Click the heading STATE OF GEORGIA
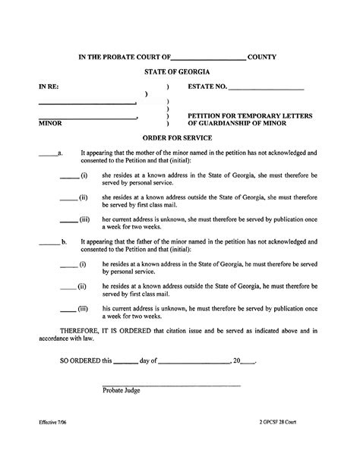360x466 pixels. click(179, 70)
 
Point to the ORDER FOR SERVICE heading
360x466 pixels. click(179, 137)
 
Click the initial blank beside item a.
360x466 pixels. click(46, 155)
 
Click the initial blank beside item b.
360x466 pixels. click(49, 244)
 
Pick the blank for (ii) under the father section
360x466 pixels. click(67, 288)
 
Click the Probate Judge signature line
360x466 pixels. click(171, 386)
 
